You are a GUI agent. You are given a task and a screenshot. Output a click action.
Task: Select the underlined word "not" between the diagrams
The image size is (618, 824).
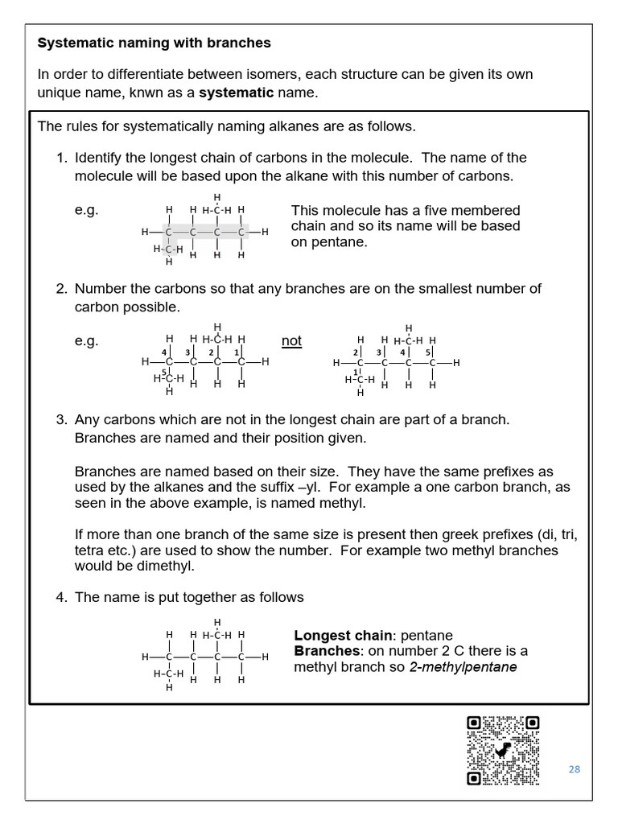pyautogui.click(x=291, y=340)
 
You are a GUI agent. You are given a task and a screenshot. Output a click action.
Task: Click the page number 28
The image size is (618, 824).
pyautogui.click(x=574, y=769)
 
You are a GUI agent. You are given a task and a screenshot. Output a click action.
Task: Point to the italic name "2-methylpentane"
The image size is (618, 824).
pyautogui.click(x=463, y=667)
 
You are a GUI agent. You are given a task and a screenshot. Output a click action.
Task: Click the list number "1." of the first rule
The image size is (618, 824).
pyautogui.click(x=62, y=158)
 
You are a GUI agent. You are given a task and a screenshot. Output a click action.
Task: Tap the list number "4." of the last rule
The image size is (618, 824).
pyautogui.click(x=62, y=597)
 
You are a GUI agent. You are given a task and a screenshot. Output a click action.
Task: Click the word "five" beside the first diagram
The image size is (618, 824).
pyautogui.click(x=438, y=210)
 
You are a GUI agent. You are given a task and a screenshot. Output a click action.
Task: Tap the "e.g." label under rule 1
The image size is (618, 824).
pyautogui.click(x=86, y=210)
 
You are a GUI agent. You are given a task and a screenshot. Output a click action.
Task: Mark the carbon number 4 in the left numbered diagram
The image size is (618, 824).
pyautogui.click(x=163, y=352)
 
